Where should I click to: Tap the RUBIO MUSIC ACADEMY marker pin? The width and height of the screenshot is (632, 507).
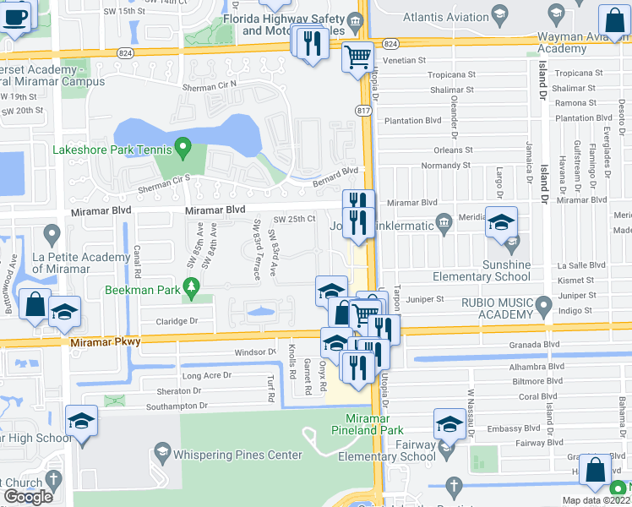tap(545, 303)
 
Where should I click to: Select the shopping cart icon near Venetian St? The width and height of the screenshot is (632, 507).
tap(357, 57)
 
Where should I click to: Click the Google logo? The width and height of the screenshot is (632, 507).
tap(28, 497)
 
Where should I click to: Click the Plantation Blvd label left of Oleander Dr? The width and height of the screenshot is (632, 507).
tap(413, 120)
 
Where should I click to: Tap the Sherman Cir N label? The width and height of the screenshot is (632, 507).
tap(210, 86)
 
